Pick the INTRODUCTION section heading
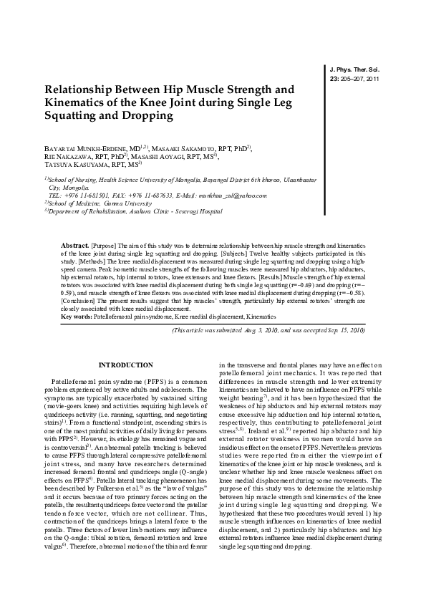point(126,365)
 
